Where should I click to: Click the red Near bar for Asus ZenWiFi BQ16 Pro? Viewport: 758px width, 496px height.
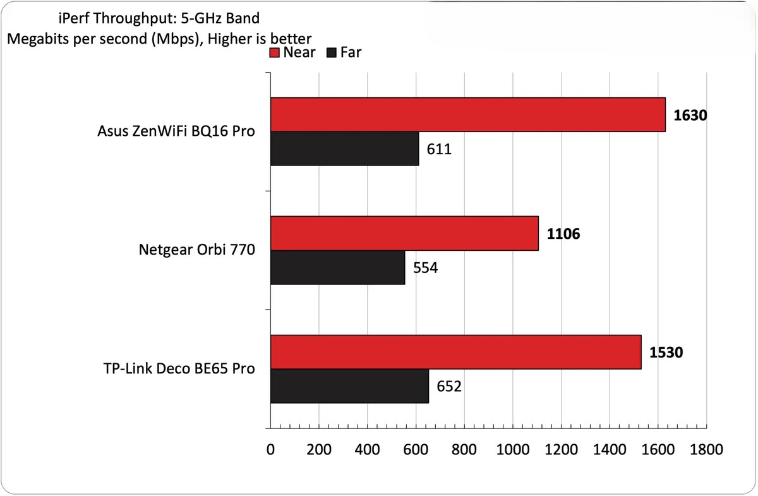(467, 115)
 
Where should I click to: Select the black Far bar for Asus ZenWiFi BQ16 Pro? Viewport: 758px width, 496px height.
(344, 148)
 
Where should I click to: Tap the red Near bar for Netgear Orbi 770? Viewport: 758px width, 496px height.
(404, 234)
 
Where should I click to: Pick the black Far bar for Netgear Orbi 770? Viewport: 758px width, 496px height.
(337, 267)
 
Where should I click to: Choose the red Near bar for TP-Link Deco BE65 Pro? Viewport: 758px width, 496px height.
(455, 353)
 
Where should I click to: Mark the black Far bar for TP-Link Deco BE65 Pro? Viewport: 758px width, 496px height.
(349, 386)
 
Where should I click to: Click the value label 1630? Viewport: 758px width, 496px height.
(690, 116)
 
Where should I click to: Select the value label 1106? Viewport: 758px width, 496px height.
(563, 234)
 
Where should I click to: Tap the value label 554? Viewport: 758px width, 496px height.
(426, 268)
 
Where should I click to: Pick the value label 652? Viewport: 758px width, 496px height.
(449, 386)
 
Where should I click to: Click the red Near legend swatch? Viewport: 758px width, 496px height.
(275, 52)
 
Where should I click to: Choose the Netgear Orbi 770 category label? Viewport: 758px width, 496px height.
(196, 250)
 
